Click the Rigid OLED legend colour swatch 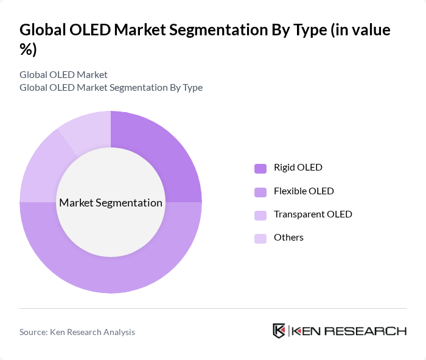[x=260, y=168]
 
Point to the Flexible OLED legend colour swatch [x=260, y=192]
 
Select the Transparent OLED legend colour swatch [x=260, y=215]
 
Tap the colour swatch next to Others [x=260, y=238]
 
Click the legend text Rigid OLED [x=298, y=168]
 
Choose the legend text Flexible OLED [x=304, y=191]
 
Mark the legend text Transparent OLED [x=313, y=214]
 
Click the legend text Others [x=288, y=238]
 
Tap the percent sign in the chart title [x=28, y=49]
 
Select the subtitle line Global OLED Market [x=63, y=74]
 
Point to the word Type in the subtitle [x=192, y=87]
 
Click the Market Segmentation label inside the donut [x=111, y=203]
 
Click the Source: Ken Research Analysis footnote [x=77, y=332]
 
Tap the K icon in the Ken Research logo [x=279, y=331]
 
